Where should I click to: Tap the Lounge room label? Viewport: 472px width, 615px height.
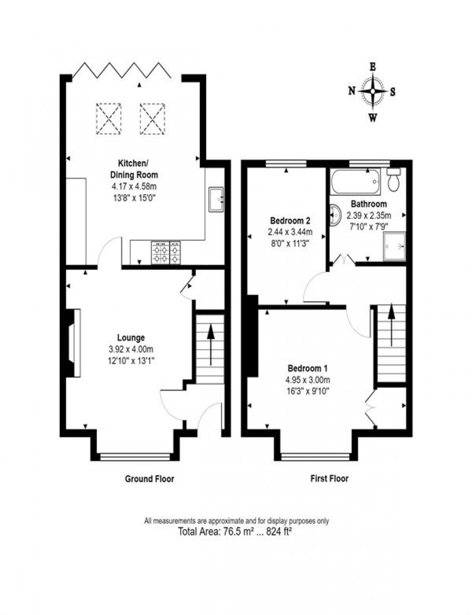pos(131,338)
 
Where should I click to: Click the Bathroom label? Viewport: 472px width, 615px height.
pos(368,204)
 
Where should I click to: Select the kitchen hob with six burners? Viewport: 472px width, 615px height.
pos(166,253)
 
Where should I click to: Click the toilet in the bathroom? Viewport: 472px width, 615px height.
pos(394,180)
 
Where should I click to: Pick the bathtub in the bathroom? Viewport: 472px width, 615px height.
pos(355,181)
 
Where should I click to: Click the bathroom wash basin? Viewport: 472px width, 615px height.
pos(334,215)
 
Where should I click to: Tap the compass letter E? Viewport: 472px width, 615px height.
pos(372,67)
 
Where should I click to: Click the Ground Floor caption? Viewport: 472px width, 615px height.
pos(149,479)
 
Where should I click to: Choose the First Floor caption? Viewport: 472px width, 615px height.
pos(329,479)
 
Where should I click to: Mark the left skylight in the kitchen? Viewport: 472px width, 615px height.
pos(108,118)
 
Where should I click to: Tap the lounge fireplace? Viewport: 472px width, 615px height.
pos(73,342)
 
